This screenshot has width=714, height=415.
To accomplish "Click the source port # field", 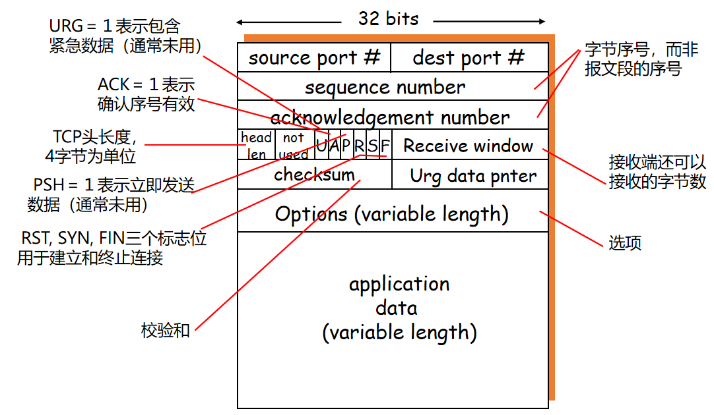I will (314, 58).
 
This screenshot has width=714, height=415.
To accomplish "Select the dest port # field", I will (469, 58).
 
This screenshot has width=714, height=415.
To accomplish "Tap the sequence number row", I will (385, 87).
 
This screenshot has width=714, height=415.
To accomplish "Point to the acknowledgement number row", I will (389, 117).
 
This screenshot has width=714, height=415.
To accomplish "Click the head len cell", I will (256, 145).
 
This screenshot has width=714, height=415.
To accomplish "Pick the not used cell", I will (294, 145).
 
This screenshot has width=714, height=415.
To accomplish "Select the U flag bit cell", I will (321, 145).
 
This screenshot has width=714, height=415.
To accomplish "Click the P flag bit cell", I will (346, 145).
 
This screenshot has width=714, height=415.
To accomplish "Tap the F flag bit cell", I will (385, 145).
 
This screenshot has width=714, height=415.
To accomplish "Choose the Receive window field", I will (469, 146).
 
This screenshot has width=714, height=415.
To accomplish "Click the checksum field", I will (314, 175).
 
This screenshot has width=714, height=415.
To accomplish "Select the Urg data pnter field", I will (473, 176).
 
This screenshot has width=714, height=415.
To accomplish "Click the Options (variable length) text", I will (391, 214).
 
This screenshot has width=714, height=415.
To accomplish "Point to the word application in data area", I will (399, 284).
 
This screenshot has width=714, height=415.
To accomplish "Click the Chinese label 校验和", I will (165, 330).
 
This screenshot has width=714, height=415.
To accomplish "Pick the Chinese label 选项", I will (624, 243).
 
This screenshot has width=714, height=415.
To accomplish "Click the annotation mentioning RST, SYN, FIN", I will (112, 248).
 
